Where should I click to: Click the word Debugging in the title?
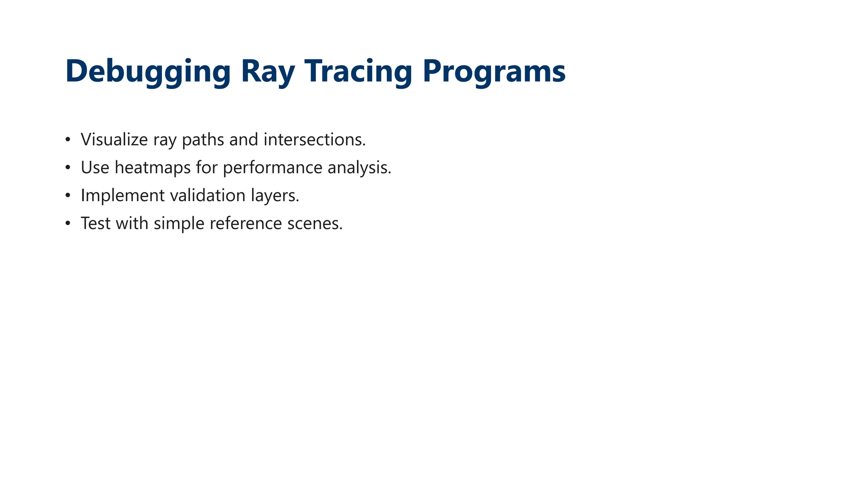click(148, 71)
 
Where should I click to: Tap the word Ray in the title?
click(267, 71)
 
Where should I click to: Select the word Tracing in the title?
click(358, 71)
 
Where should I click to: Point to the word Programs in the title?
click(494, 71)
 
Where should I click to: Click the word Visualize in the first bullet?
click(114, 140)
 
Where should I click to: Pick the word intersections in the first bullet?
click(314, 140)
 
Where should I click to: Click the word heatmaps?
click(152, 168)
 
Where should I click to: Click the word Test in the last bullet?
click(96, 224)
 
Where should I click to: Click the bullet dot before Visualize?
click(68, 140)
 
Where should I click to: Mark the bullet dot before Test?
click(68, 224)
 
